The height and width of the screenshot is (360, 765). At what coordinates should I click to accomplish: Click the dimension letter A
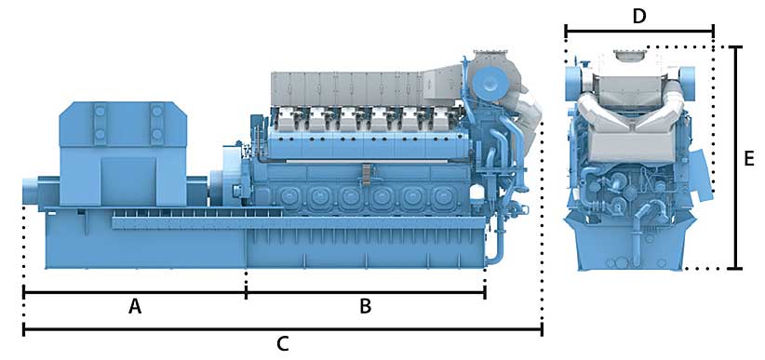[x=135, y=307]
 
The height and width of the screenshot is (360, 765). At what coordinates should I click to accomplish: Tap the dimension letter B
[x=366, y=307]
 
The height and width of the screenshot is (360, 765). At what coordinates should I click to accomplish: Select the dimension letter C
[x=283, y=344]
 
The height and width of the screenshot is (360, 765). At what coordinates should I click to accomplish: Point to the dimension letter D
[x=639, y=16]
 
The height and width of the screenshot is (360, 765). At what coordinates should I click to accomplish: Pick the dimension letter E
[x=749, y=159]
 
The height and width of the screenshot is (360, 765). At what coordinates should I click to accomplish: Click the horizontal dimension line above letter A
[x=135, y=293]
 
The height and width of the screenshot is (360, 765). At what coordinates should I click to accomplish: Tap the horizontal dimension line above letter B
[x=366, y=293]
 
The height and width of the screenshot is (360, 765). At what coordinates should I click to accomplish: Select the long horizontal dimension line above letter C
[x=283, y=330]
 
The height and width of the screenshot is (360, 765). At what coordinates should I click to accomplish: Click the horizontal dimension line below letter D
[x=639, y=32]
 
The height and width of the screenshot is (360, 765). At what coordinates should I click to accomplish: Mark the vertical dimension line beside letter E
[x=736, y=157]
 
